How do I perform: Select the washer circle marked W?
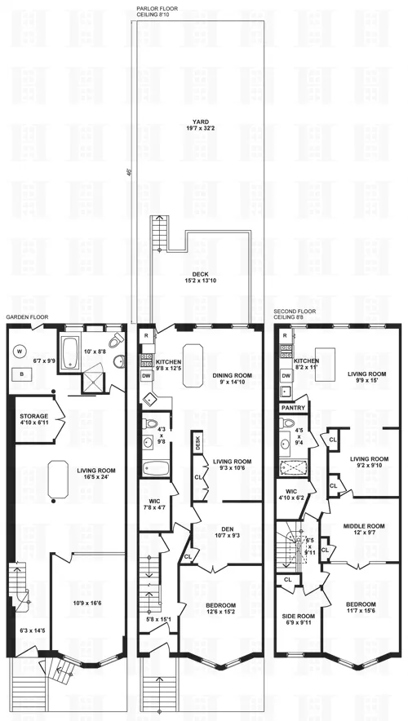(20, 352)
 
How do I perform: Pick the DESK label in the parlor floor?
(197, 443)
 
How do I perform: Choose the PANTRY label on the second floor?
(292, 407)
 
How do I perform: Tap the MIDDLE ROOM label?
(362, 526)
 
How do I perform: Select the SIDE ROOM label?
(299, 616)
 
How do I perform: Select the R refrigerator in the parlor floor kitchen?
(145, 335)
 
